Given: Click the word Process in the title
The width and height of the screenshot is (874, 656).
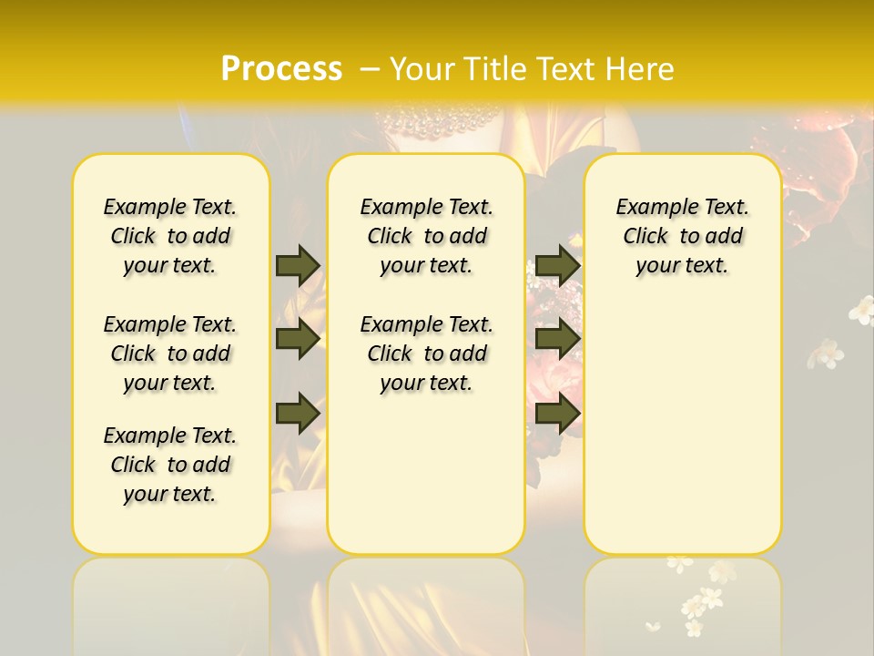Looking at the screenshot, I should tap(281, 68).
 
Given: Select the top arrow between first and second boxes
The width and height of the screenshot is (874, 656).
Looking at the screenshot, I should tap(298, 265).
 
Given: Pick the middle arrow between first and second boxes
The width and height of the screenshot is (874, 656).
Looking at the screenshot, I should tap(298, 339).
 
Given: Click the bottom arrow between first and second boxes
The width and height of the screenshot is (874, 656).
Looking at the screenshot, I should tap(298, 414).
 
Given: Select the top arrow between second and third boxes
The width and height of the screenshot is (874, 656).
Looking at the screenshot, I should tap(557, 265).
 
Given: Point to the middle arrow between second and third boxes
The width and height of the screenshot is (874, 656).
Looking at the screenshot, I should tap(557, 339).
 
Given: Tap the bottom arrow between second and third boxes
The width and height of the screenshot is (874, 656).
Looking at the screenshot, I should tap(557, 414).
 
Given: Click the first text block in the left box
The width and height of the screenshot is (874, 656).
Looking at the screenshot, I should tap(170, 236).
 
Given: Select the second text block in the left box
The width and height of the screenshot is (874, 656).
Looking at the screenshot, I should tap(170, 354).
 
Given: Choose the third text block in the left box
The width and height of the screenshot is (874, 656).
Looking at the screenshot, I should tap(170, 465).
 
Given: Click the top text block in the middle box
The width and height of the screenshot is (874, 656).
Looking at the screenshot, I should tap(426, 236).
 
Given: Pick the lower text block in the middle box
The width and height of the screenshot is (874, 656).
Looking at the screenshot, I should tap(426, 354).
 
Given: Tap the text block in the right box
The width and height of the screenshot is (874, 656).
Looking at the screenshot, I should tap(682, 236).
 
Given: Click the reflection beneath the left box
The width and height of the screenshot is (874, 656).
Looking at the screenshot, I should tap(171, 601).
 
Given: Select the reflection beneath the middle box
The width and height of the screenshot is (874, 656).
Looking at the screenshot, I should tap(426, 601).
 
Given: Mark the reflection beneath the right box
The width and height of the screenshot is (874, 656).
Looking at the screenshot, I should tap(682, 601).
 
